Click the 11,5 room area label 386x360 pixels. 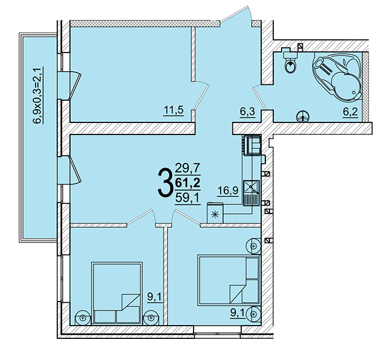(174, 110)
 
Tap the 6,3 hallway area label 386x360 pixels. (248, 112)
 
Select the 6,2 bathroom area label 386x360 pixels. (350, 112)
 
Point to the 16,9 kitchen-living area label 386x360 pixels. (228, 191)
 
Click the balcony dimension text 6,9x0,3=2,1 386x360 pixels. (38, 95)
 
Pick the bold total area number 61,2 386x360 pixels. (188, 183)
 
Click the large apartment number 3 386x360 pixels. (165, 183)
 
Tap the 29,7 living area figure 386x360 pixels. (188, 169)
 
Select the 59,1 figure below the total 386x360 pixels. (188, 198)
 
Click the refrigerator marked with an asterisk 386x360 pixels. (215, 213)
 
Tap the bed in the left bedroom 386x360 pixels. (117, 293)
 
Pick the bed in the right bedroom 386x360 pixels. (229, 280)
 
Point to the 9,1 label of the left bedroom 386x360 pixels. (154, 297)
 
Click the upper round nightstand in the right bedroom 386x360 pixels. (253, 246)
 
